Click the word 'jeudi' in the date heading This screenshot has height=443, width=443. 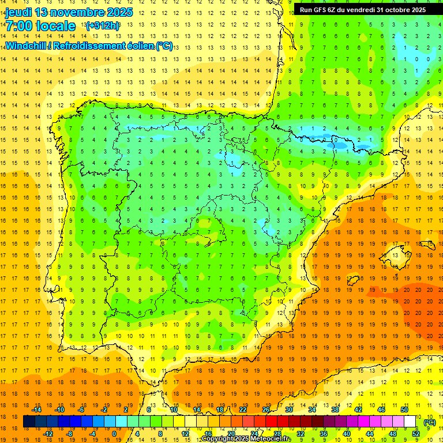18,12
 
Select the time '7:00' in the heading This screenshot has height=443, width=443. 18,26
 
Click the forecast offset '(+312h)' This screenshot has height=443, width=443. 103,26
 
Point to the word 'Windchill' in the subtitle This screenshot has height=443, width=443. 24,46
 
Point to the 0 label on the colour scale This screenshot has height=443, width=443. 114,434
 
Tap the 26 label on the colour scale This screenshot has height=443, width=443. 266,410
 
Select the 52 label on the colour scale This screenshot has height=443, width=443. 416,434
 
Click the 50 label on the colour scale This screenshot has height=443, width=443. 404,410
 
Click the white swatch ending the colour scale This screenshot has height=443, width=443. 410,422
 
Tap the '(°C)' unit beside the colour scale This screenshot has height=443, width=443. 430,422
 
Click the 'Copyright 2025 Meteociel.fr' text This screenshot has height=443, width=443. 246,439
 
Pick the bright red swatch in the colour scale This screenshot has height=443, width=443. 272,422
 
